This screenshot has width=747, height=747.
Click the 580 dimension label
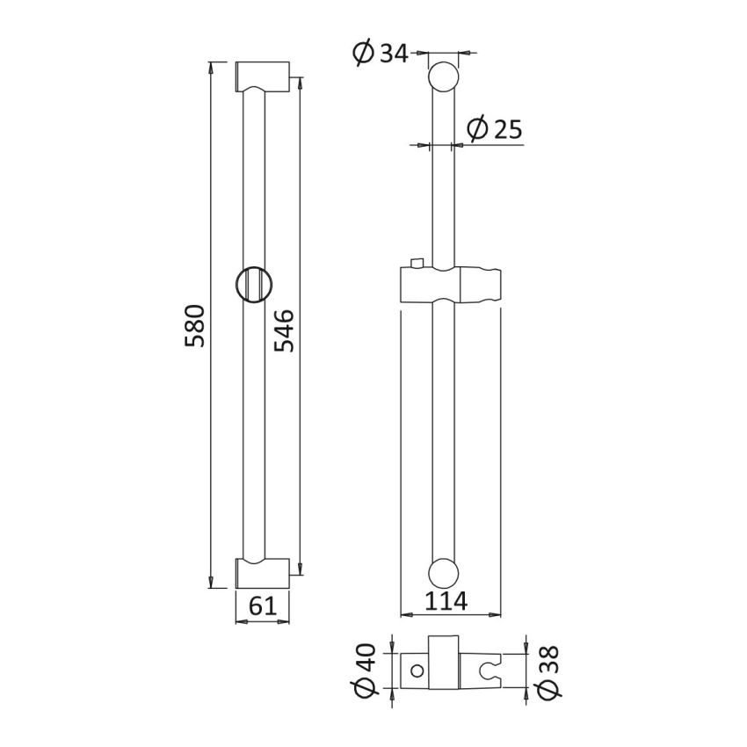pos(195,325)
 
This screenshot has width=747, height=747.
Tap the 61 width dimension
pos(264,606)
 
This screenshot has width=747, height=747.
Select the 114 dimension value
pos(445,603)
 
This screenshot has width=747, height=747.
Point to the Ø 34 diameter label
pos(381,54)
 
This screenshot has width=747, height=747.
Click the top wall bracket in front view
pos(264,77)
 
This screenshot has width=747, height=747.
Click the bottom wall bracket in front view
pos(264,573)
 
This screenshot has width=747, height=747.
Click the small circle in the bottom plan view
pos(417,671)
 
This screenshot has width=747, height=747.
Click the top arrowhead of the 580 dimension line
pos(211,66)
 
